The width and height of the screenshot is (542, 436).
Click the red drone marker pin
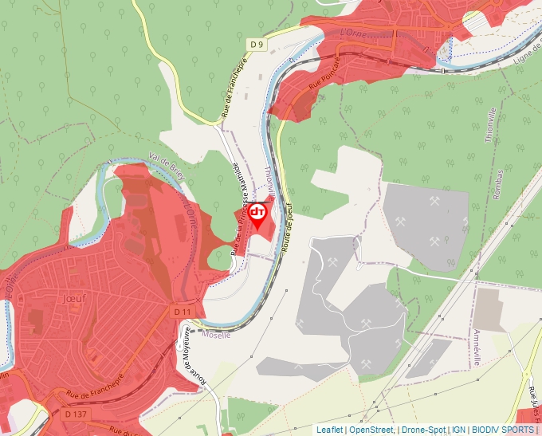click(x=257, y=214)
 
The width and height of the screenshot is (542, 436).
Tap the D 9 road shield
click(x=256, y=45)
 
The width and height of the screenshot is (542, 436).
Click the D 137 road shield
click(x=76, y=414)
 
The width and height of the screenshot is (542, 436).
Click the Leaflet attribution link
click(x=330, y=430)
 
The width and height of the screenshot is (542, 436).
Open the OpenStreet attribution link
click(x=371, y=430)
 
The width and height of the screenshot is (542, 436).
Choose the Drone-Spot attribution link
click(x=423, y=430)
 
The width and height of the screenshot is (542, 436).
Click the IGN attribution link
click(x=459, y=430)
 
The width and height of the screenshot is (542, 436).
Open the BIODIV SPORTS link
click(x=503, y=430)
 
